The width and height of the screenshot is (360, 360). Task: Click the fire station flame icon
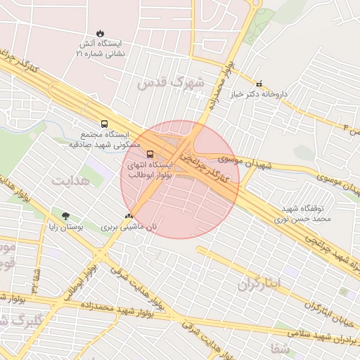coord(101,33)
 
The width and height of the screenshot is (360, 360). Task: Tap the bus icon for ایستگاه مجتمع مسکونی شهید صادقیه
coord(105,122)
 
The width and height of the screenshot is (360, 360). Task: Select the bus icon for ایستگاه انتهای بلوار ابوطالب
coord(150,154)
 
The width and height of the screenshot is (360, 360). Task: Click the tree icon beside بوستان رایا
coord(66,216)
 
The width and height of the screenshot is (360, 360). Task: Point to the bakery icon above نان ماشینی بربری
coord(128,216)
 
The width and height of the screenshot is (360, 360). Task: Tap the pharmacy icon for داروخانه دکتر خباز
coord(259,83)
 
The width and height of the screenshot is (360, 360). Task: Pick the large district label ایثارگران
coord(259,283)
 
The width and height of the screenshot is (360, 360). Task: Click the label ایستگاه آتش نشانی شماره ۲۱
coord(101,48)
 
